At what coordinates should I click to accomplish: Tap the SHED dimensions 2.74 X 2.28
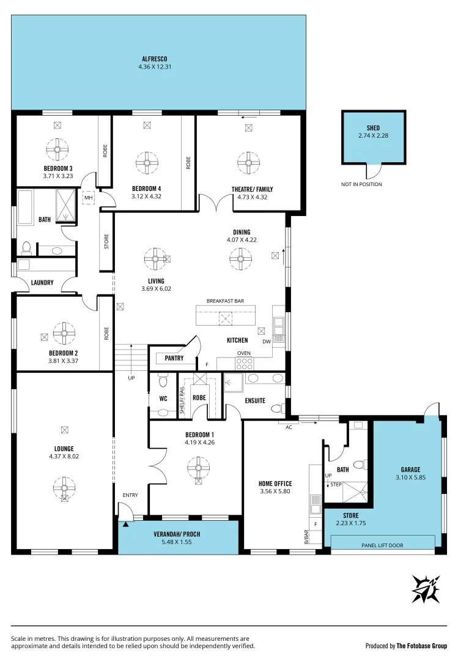pyautogui.click(x=373, y=135)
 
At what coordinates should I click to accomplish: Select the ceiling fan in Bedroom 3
pyautogui.click(x=58, y=148)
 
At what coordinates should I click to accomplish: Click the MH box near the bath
pyautogui.click(x=88, y=198)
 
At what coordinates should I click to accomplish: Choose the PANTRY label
pyautogui.click(x=174, y=358)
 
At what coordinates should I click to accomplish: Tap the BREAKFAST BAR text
pyautogui.click(x=225, y=301)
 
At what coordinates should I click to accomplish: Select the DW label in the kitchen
pyautogui.click(x=266, y=342)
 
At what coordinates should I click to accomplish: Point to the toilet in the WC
pyautogui.click(x=162, y=381)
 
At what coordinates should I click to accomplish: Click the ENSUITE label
pyautogui.click(x=254, y=401)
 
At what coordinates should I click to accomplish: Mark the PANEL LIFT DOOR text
pyautogui.click(x=382, y=545)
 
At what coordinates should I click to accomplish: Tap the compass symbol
pyautogui.click(x=426, y=589)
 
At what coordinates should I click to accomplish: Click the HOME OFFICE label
pyautogui.click(x=275, y=484)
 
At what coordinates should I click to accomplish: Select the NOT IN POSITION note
pyautogui.click(x=361, y=184)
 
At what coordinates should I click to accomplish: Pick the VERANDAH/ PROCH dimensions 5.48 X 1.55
pyautogui.click(x=177, y=542)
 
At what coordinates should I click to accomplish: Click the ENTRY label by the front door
pyautogui.click(x=130, y=495)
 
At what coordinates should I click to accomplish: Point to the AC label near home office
pyautogui.click(x=289, y=427)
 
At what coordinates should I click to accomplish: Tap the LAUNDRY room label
pyautogui.click(x=43, y=283)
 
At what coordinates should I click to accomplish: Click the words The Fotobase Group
pyautogui.click(x=421, y=646)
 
